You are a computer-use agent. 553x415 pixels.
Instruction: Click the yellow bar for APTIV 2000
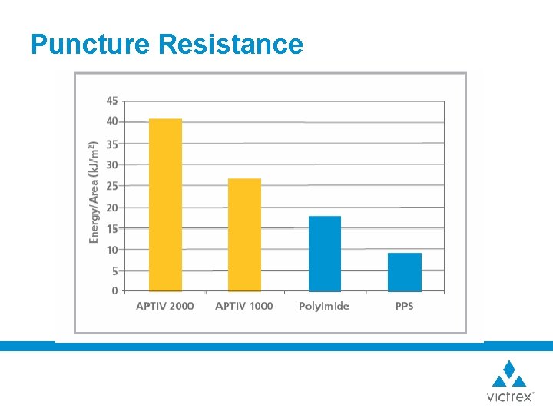pos(165,205)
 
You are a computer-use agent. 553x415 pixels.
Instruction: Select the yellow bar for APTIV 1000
pos(244,235)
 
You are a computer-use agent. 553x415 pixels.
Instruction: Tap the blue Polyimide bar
pos(325,254)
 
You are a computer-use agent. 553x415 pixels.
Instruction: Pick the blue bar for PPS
pos(405,272)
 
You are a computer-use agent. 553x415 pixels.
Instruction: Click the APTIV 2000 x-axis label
pos(165,306)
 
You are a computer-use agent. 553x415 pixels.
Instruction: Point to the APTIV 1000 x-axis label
pos(244,306)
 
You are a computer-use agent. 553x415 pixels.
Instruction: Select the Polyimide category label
pos(324,306)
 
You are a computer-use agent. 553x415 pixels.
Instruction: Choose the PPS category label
pos(405,306)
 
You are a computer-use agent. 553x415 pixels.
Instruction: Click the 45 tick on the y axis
pos(112,101)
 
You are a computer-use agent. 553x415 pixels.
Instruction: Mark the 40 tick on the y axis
pos(112,121)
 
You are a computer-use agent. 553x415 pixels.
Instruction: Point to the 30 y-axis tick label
pos(112,164)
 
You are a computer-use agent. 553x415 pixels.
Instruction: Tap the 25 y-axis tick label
pos(112,186)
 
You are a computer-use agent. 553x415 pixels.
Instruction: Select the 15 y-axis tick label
pos(112,228)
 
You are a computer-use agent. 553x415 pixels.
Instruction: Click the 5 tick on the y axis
pos(114,271)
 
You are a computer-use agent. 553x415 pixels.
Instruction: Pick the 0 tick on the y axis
pos(114,291)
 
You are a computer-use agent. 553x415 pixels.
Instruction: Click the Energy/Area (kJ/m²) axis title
pos(94,192)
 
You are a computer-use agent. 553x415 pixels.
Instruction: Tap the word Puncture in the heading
pos(90,44)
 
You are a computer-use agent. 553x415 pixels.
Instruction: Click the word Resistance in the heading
pos(230,44)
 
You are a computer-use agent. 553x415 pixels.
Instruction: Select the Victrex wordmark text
pos(509,397)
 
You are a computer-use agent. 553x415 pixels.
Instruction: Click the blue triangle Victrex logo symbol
pos(509,373)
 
